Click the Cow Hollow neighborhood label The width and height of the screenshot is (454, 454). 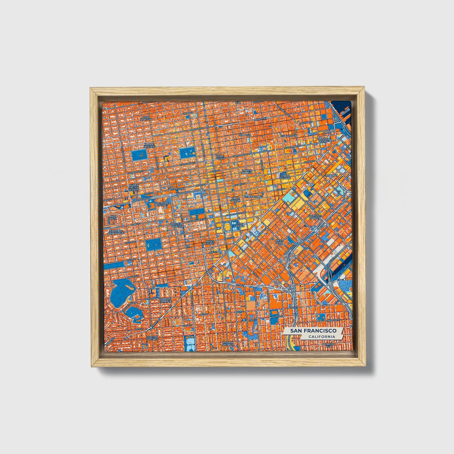pyautogui.click(x=146, y=118)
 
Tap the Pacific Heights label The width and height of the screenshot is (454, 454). pyautogui.click(x=149, y=146)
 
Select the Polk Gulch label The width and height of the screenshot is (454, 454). pyautogui.click(x=220, y=157)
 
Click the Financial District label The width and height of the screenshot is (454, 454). pyautogui.click(x=325, y=140)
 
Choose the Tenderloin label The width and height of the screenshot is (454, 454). pyautogui.click(x=253, y=197)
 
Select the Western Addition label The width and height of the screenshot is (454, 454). pyautogui.click(x=177, y=225)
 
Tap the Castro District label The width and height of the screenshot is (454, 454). pyautogui.click(x=152, y=338)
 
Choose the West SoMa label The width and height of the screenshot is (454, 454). pyautogui.click(x=279, y=241)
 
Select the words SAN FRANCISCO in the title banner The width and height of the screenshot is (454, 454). pyautogui.click(x=313, y=331)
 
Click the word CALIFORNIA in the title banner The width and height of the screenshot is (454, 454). pyautogui.click(x=321, y=337)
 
